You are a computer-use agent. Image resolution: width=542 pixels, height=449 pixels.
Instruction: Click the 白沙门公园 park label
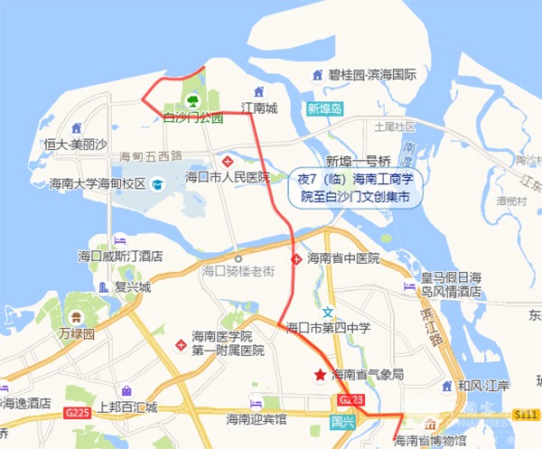(x=192, y=117)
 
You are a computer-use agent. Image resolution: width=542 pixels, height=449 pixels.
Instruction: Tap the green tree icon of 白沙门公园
(x=192, y=100)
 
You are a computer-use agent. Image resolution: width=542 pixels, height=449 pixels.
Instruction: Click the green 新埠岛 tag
(x=325, y=109)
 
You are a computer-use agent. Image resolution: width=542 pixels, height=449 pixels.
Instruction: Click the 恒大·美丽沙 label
(x=76, y=144)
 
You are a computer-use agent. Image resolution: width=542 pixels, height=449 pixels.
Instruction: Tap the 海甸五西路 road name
(x=151, y=156)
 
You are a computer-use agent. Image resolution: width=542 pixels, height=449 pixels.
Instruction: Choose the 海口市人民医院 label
(x=228, y=177)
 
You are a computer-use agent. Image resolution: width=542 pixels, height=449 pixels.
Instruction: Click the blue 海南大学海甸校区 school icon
(x=157, y=184)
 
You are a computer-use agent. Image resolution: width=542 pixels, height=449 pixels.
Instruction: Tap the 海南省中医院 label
(x=343, y=258)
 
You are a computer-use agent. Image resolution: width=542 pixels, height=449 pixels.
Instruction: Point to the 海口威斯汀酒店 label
(x=120, y=257)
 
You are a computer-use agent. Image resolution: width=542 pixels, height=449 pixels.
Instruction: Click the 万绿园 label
(x=77, y=333)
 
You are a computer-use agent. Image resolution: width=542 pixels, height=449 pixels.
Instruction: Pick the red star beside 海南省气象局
(x=319, y=374)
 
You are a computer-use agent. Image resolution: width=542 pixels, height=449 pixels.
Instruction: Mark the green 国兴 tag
(x=342, y=420)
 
